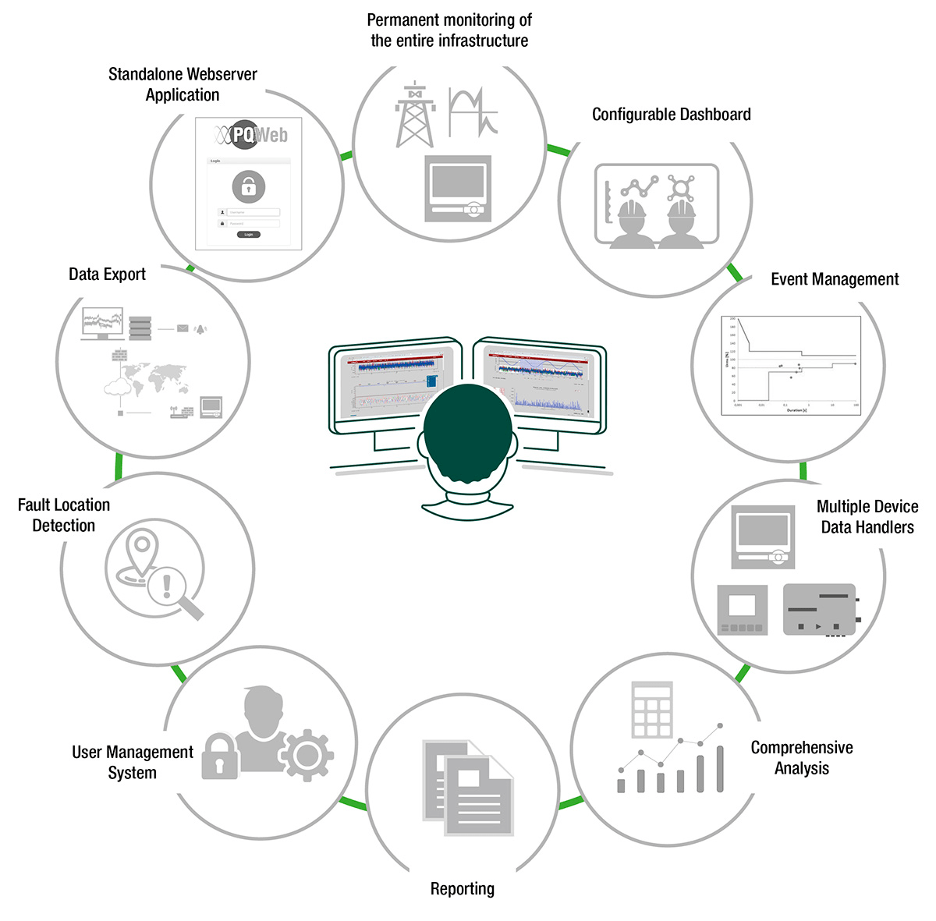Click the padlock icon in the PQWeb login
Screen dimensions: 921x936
point(249,187)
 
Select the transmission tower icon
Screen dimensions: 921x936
point(415,115)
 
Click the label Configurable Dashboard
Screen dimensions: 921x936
point(671,115)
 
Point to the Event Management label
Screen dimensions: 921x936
point(835,279)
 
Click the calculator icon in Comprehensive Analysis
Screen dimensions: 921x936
point(652,710)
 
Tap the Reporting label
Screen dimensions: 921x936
point(463,889)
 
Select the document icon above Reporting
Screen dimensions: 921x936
point(469,788)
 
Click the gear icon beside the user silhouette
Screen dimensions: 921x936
point(307,755)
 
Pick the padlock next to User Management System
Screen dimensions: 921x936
point(219,756)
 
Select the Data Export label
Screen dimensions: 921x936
point(108,275)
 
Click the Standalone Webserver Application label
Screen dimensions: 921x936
point(183,85)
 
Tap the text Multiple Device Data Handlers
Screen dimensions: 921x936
point(867,517)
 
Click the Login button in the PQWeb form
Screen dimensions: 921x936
point(249,234)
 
